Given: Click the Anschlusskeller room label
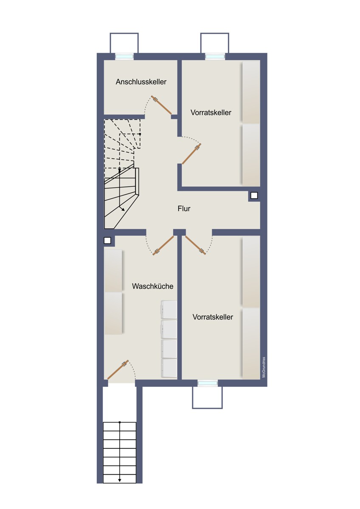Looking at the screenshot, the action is coord(141,82).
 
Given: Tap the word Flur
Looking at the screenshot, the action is coord(184,209).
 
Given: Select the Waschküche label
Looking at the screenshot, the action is coord(152,286).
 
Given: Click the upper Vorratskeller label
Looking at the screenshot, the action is coord(211,112).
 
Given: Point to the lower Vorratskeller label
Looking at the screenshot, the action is coord(213,317).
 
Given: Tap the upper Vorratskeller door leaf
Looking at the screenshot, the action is coord(191,154).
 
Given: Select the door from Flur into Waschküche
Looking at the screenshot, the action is coord(163,246).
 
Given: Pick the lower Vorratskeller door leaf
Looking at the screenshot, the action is coord(195,245).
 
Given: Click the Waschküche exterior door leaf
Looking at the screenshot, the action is coord(118,370).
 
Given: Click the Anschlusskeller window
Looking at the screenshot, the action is coord(124,56).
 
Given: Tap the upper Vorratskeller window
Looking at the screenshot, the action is coord(215,56).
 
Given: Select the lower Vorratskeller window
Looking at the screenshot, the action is coord(208,383).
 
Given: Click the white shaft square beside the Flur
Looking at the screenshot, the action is coord(254,196).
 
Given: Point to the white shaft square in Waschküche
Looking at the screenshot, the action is coord(107,241).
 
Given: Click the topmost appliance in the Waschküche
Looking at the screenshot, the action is coord(169,310).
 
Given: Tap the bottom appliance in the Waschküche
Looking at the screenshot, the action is coord(169,368).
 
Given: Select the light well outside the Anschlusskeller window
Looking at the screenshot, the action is coord(124,43).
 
